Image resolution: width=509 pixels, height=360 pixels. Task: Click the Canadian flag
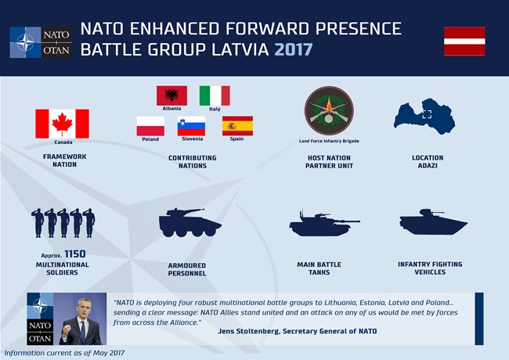pos(62,124)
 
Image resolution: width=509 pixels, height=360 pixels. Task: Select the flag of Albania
pos(171,95)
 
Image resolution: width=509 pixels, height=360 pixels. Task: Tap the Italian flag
pos(215,95)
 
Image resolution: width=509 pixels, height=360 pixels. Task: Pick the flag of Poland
pos(150,126)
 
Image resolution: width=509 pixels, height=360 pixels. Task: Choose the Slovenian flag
pos(191,126)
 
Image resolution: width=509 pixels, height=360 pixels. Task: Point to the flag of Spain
pos(237,126)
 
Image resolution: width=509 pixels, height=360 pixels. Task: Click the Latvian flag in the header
pos(464,41)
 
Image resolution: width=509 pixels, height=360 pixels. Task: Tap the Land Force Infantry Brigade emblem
pos(329,111)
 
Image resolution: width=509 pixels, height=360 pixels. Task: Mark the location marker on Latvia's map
pos(427,114)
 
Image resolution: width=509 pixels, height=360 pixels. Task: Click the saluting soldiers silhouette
pos(63,223)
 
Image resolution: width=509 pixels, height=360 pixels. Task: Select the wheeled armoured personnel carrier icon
pos(190,222)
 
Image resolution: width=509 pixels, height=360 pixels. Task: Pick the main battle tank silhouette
pos(324,223)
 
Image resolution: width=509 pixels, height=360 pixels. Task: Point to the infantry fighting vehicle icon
pos(433,221)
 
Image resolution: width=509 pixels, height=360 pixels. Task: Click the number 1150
pos(75,254)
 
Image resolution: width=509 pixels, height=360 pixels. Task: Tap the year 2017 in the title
pos(294,49)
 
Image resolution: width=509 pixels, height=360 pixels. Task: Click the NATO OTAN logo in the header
pos(41,42)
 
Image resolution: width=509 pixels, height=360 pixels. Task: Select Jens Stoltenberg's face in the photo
pos(84,308)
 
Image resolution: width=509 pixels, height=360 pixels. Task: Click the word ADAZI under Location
pos(428,166)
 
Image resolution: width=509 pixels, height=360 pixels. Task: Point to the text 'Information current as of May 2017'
pos(64,353)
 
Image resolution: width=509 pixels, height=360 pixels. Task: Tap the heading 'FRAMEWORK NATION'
pos(64,160)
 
